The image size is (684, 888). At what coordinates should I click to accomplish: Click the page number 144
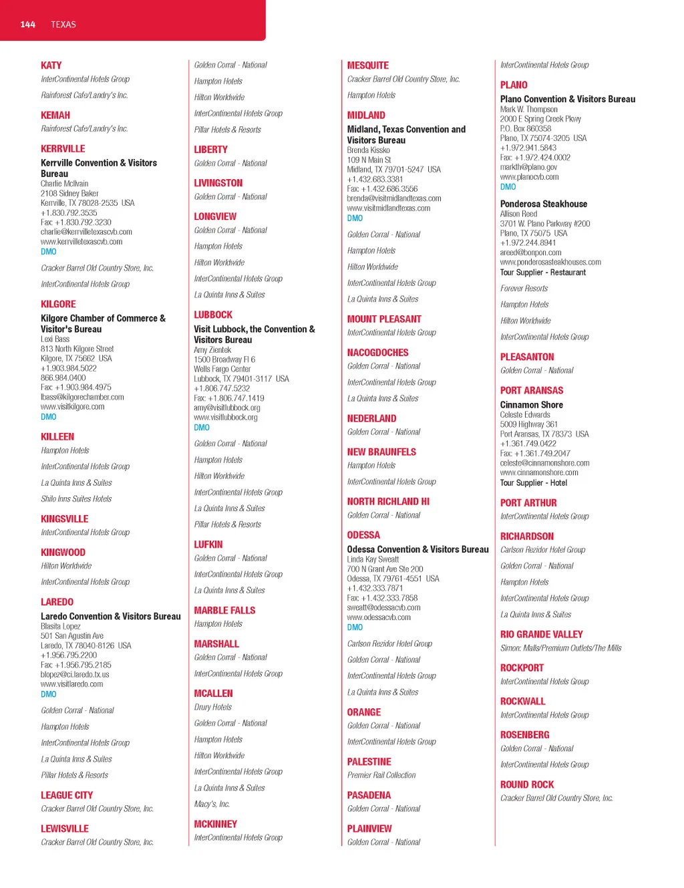pyautogui.click(x=27, y=25)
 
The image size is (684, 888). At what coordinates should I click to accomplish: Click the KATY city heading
pyautogui.click(x=51, y=65)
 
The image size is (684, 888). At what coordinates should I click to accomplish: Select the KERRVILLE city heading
pyautogui.click(x=63, y=148)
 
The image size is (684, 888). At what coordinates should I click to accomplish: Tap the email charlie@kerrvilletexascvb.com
pyautogui.click(x=86, y=232)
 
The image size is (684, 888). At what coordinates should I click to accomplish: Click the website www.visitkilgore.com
pyautogui.click(x=72, y=406)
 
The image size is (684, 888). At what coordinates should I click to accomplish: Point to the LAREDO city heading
pyautogui.click(x=57, y=602)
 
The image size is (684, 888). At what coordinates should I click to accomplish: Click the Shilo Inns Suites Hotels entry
pyautogui.click(x=76, y=498)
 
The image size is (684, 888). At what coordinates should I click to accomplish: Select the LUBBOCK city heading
pyautogui.click(x=213, y=315)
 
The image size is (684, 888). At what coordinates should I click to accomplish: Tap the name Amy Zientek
pyautogui.click(x=212, y=349)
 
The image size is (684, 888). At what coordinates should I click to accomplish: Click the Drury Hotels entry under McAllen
pyautogui.click(x=212, y=707)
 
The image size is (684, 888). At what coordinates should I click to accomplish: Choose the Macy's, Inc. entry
pyautogui.click(x=212, y=804)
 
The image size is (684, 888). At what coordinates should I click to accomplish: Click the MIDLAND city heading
pyautogui.click(x=366, y=115)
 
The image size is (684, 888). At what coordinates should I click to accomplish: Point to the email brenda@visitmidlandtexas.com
pyautogui.click(x=394, y=198)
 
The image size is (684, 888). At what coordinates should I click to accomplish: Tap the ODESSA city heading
pyautogui.click(x=363, y=535)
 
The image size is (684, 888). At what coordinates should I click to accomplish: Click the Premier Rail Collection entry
pyautogui.click(x=381, y=775)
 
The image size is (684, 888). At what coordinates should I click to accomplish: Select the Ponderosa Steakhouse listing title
pyautogui.click(x=544, y=204)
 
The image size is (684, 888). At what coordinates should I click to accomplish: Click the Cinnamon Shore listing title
pyautogui.click(x=532, y=405)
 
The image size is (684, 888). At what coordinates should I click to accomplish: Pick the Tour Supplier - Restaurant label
pyautogui.click(x=543, y=272)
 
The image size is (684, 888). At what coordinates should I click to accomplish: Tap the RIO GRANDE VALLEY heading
pyautogui.click(x=541, y=634)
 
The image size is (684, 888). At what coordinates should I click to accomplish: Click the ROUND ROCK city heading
pyautogui.click(x=527, y=784)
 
